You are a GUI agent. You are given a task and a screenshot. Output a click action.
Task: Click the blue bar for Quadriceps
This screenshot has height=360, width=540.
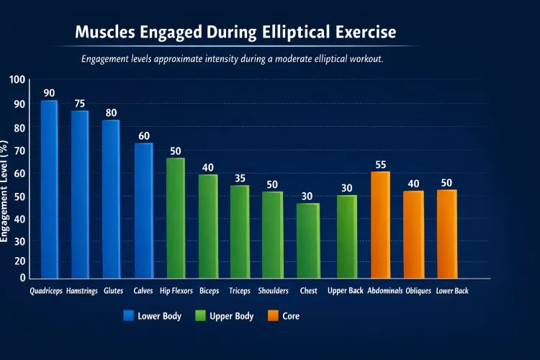[49, 189]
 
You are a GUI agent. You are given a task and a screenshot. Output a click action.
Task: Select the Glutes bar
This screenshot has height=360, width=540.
[111, 199]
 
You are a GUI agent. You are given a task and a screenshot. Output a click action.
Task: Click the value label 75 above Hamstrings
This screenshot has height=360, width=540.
[80, 104]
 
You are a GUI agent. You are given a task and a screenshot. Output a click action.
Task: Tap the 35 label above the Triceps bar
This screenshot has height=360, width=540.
[239, 178]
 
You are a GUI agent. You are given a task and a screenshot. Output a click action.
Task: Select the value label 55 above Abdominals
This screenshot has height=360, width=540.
[381, 165]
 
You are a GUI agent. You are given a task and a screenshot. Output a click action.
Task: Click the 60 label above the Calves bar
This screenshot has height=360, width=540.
[144, 136]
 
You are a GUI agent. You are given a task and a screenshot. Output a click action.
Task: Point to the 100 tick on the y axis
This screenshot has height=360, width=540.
[17, 80]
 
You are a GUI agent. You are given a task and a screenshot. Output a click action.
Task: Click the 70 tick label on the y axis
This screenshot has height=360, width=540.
[19, 150]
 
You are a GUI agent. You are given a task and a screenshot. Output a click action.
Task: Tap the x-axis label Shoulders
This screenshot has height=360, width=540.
[273, 291]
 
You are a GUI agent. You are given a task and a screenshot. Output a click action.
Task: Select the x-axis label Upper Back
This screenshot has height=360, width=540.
[346, 291]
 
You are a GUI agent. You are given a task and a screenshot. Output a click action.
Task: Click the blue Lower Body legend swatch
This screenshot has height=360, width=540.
[129, 315]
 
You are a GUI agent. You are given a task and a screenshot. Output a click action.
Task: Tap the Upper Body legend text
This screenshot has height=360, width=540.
[231, 315]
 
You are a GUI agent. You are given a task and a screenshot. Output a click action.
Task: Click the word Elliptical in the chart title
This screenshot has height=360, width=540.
[284, 33]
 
